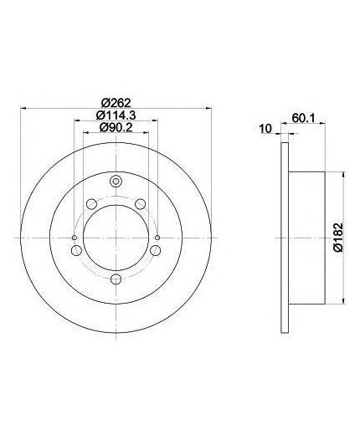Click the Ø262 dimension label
(x=116, y=103)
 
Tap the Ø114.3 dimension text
(x=116, y=115)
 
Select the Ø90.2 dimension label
(x=116, y=128)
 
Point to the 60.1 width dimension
(x=303, y=118)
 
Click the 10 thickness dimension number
(x=265, y=129)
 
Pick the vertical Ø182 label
(x=338, y=238)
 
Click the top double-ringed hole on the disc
(x=116, y=182)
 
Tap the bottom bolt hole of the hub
(x=116, y=279)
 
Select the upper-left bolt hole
(x=91, y=204)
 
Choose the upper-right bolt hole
(x=141, y=204)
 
